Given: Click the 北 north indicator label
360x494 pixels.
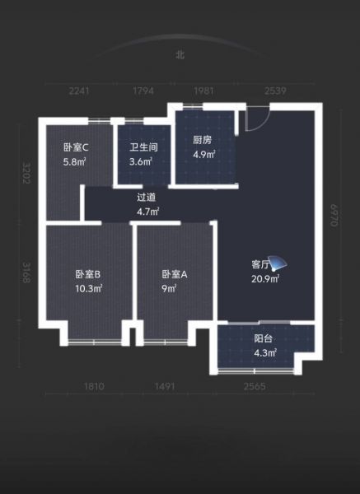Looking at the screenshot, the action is coord(180,55).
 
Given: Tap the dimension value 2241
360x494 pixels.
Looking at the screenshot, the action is coord(79,91).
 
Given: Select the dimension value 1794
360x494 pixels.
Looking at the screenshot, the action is coord(143,91).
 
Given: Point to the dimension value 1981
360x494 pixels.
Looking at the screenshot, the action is coord(203,91).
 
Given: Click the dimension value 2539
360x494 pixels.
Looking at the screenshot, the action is coord(275,91).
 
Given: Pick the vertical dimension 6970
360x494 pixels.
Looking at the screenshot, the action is coord(334,216).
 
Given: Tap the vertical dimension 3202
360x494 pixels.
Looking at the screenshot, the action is coord(26,173).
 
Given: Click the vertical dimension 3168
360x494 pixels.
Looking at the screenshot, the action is coord(26,273).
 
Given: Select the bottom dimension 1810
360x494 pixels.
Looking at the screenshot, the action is coord(94,386).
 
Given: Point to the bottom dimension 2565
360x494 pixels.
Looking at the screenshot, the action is coord(255,386).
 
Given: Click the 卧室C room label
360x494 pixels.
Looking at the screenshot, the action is coord(76,147).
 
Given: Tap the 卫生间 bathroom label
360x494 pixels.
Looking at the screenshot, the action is coord(143,147).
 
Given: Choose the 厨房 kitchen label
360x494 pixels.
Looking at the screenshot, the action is coord(203,140).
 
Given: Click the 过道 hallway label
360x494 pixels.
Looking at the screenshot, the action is coord(147,198).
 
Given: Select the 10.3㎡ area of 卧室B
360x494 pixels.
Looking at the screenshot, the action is coord(89,288).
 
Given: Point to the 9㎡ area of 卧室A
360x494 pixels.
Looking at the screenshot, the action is coord(169,288).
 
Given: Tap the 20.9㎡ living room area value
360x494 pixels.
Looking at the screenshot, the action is coord(265,279).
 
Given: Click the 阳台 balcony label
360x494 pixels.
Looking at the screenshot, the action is coord(264,338).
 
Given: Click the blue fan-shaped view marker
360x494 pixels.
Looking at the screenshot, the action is coord(278,263).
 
